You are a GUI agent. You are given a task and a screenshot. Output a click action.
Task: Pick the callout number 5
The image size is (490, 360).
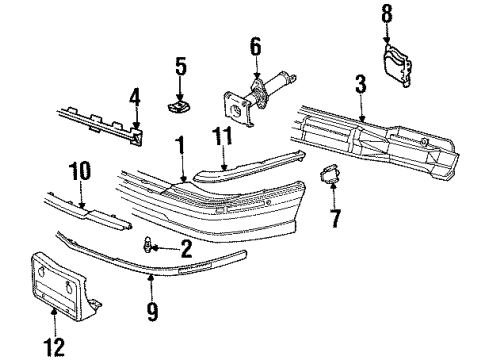pyautogui.click(x=180, y=67)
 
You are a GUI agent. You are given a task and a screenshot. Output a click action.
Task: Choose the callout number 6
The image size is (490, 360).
pyautogui.click(x=254, y=46)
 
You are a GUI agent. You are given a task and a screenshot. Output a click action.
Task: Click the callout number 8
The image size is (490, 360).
pyautogui.click(x=388, y=13)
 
